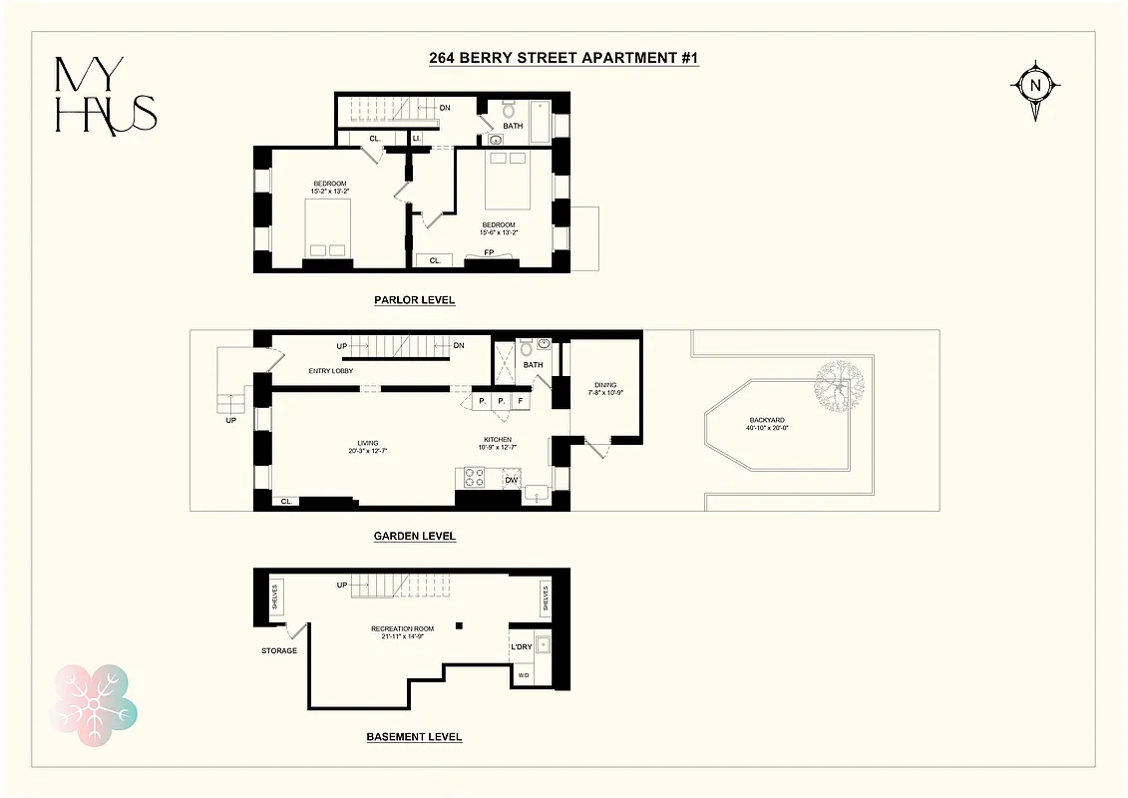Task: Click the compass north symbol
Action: [1035, 86]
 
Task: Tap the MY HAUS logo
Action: [105, 96]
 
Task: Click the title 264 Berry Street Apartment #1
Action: [564, 59]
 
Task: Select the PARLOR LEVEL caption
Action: [414, 300]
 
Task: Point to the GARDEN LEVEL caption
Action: [414, 536]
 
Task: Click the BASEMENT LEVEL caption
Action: [414, 737]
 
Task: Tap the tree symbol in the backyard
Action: [838, 387]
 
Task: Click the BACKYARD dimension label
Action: [767, 425]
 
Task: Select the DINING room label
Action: [606, 388]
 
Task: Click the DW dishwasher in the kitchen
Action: [512, 480]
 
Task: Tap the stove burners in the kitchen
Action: [473, 478]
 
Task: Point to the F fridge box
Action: [520, 401]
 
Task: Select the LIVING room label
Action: [369, 447]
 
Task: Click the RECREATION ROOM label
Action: [402, 632]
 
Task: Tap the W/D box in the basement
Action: [523, 676]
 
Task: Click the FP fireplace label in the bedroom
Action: [490, 252]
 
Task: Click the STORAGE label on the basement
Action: [279, 650]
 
